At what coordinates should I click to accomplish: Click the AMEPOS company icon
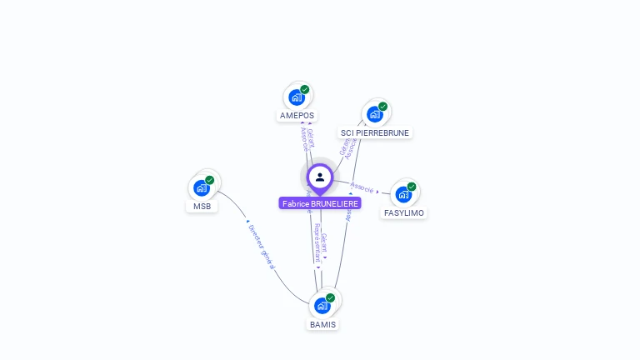[x=297, y=97]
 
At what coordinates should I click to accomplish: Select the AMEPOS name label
[x=297, y=116]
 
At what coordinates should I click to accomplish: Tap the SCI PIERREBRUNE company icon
[x=375, y=113]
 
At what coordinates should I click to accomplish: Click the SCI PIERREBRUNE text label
[x=376, y=132]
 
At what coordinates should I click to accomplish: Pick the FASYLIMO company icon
[x=403, y=194]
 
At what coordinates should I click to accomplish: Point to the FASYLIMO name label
[x=404, y=213]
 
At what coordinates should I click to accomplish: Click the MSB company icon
[x=202, y=187]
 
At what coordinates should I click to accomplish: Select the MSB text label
[x=202, y=207]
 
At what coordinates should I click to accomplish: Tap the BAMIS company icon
[x=322, y=305]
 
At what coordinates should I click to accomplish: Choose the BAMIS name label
[x=323, y=324]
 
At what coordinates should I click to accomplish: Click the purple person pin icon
[x=320, y=177]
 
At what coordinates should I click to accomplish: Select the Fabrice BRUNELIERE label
[x=320, y=203]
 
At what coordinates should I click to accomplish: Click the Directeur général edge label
[x=261, y=245]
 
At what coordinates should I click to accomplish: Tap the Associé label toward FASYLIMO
[x=362, y=187]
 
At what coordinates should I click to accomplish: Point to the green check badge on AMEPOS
[x=305, y=89]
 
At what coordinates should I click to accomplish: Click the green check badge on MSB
[x=210, y=180]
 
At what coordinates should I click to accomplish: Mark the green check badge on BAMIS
[x=331, y=297]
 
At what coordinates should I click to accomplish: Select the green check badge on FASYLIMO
[x=412, y=187]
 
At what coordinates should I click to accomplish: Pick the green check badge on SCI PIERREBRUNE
[x=383, y=106]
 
